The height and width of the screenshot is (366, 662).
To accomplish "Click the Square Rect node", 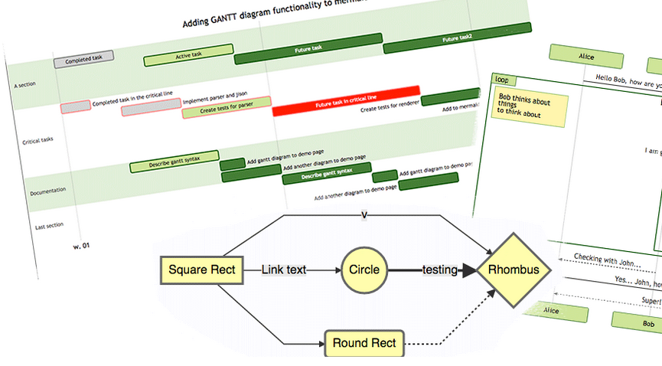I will point(202,270).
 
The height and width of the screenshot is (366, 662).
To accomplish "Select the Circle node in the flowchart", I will point(364,270).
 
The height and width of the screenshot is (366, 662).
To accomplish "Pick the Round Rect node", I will point(364,343).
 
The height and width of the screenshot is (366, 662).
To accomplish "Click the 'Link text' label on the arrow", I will point(284,270).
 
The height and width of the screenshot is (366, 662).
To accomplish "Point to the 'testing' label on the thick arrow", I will point(440,270).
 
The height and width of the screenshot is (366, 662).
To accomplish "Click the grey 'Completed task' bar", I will point(84,57).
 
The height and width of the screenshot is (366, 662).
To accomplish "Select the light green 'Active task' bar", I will point(188,54).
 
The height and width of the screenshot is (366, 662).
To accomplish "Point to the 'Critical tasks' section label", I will point(38,140).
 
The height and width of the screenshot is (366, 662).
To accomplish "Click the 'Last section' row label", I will point(50,226).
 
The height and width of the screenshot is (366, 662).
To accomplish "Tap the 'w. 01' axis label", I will point(81,246).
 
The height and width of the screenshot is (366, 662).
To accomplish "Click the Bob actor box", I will point(637,322).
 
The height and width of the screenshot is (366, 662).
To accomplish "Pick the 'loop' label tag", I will point(502,80).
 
